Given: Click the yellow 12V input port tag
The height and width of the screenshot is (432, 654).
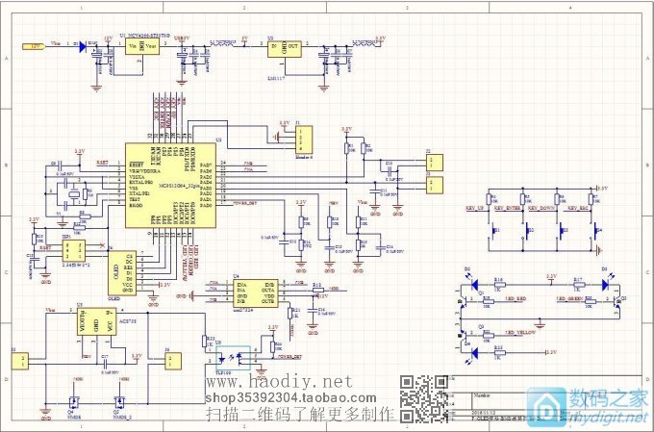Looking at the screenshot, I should pos(32,45).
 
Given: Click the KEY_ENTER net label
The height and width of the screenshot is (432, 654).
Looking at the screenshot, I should pos(507,208).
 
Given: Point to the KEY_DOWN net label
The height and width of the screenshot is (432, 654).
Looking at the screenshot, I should pos(541,208).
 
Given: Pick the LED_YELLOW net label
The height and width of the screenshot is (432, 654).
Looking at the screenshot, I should pos(519,332).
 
